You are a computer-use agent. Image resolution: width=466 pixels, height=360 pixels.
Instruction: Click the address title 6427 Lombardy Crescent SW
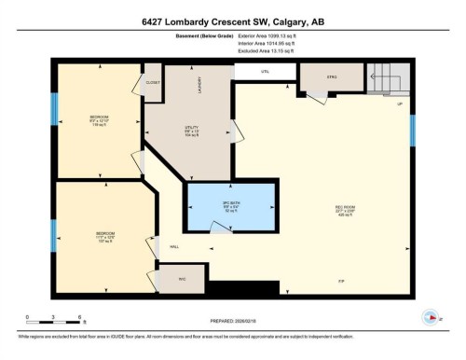point(233,21)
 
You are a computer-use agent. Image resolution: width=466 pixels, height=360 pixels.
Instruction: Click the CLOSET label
point(152,82)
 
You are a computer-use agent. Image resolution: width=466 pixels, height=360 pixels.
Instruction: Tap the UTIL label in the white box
point(265,71)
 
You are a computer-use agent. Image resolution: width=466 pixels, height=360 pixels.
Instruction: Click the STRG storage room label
point(331,76)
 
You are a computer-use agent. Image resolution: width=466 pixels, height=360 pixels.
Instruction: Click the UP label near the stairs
point(400,104)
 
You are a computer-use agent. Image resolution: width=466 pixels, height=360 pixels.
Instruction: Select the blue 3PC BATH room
point(230,207)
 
